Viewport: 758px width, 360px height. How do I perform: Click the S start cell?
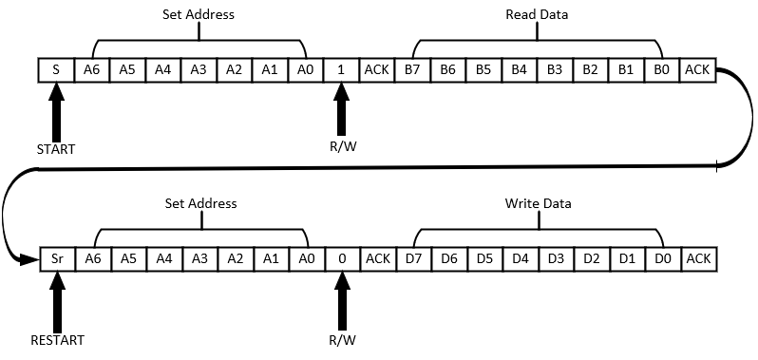56,69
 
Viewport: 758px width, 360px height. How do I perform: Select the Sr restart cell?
56,257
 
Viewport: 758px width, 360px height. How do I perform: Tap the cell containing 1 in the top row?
341,69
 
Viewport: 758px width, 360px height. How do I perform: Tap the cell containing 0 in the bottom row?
341,257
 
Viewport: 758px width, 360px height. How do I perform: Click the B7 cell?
412,69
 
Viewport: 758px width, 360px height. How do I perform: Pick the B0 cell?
661,69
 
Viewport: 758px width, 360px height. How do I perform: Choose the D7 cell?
412,257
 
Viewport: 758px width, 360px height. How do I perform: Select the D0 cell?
661,257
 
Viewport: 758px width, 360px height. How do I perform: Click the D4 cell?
519,257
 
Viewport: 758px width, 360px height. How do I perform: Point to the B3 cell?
555,69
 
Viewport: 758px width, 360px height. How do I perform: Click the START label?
56,149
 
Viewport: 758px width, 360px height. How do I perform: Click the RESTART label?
56,339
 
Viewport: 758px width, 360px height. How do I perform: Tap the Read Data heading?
538,15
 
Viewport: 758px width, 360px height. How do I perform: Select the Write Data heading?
538,203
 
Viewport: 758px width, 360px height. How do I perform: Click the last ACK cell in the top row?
697,69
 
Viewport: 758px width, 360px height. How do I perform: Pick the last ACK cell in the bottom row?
697,257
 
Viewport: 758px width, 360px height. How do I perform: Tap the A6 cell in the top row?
92,69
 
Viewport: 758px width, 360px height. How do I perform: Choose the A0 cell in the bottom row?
306,257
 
